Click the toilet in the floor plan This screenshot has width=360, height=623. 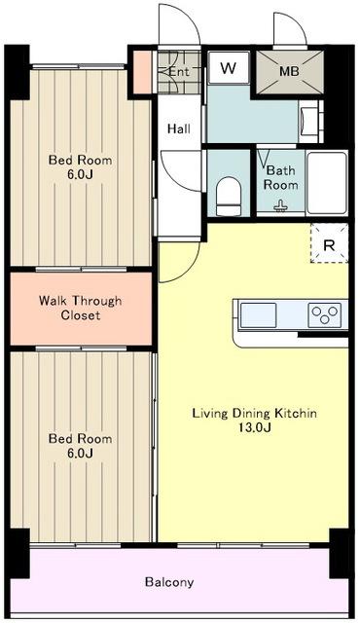click(x=229, y=197)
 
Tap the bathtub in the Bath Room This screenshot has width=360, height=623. click(x=327, y=183)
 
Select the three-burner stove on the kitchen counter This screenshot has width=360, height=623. click(x=325, y=315)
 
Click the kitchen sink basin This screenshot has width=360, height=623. click(x=258, y=315)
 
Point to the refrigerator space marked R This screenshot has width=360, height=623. click(x=329, y=243)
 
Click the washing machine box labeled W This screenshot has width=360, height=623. click(x=229, y=67)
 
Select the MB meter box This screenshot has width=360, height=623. click(x=290, y=72)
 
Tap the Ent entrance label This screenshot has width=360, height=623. click(x=179, y=72)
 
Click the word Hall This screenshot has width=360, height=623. click(x=179, y=128)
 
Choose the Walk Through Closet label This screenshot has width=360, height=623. click(x=81, y=308)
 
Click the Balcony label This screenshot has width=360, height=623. click(x=169, y=582)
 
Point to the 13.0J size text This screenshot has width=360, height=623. click(x=254, y=427)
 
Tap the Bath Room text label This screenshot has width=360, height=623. click(x=281, y=177)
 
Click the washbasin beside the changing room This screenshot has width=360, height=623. click(x=308, y=121)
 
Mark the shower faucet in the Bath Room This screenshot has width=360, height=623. click(x=280, y=205)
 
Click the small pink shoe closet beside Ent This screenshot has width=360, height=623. click(x=142, y=72)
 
